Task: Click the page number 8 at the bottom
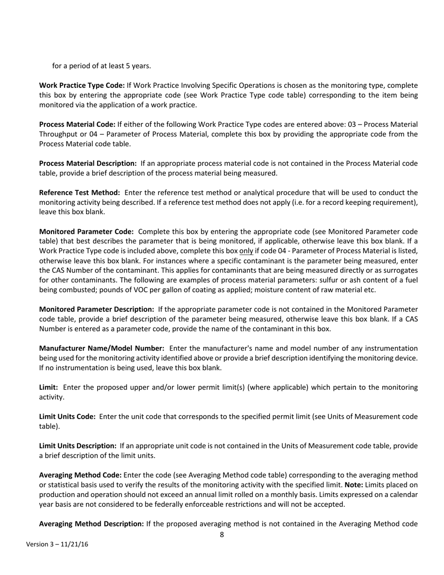coord(222,535)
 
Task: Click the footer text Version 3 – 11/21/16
coord(57,545)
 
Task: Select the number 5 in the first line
coord(128,66)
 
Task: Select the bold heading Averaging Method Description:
coord(92,524)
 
